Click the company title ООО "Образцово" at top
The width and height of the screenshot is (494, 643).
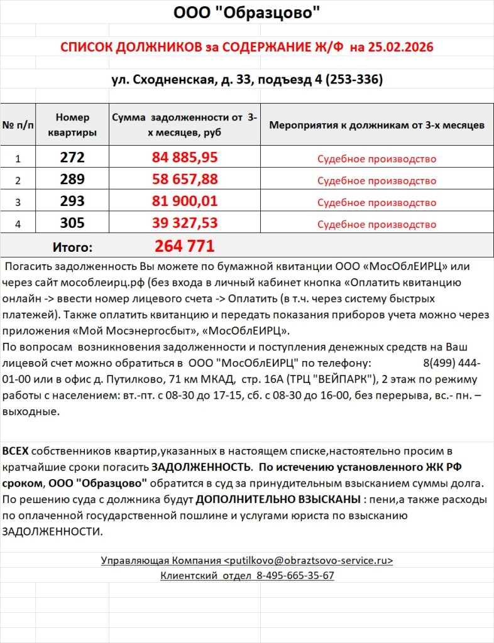coord(246,13)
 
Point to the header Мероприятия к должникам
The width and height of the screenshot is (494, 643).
coord(376,125)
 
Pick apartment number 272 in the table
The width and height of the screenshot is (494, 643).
coord(72,158)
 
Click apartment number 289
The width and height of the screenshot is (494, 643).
coord(72,180)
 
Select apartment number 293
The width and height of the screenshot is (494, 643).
coord(72,202)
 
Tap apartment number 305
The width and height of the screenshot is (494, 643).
coord(72,224)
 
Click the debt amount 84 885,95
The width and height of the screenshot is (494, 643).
coord(185,158)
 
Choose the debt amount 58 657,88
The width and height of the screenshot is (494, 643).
coord(185,180)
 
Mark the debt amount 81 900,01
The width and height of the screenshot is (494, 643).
coord(185,202)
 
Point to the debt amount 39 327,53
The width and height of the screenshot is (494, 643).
coord(185,224)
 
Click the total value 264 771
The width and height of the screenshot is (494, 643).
coord(185,246)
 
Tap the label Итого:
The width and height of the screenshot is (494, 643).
coord(72,247)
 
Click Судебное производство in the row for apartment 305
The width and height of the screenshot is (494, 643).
coord(376,225)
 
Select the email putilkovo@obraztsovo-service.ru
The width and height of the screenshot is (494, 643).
coord(309,561)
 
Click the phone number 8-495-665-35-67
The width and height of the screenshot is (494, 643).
coord(295,575)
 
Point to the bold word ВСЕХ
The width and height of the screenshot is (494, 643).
coord(16,451)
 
